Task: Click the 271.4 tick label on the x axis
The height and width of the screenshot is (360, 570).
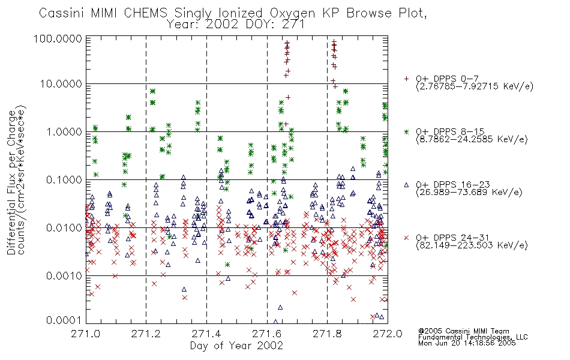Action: tap(206, 334)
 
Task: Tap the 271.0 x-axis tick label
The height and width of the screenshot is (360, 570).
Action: tap(86, 334)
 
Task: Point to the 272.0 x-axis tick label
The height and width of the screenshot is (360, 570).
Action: tap(388, 334)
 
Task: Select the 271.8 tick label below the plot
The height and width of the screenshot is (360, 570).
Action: tap(327, 334)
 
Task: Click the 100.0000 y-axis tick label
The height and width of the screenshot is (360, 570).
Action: tap(58, 38)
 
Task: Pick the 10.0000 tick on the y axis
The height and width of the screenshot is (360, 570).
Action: tap(61, 84)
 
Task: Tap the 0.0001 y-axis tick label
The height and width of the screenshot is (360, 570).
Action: tap(64, 320)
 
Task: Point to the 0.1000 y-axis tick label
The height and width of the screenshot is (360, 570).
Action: tap(64, 180)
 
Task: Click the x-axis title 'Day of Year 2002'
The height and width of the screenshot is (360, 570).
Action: tap(236, 346)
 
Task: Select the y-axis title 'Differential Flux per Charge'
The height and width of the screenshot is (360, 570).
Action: tap(12, 182)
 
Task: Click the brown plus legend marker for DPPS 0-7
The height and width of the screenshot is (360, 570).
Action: tap(406, 79)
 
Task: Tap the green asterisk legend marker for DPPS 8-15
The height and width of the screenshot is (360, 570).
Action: tap(406, 131)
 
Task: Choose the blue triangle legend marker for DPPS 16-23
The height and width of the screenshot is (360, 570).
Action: tap(406, 185)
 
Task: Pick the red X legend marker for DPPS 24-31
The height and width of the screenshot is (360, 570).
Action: tap(406, 238)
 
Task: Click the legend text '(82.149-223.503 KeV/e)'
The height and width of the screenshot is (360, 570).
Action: tap(472, 245)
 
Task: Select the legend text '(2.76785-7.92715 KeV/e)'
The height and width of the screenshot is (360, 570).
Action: tap(475, 86)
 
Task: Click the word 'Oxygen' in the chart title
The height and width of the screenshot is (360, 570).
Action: tap(292, 13)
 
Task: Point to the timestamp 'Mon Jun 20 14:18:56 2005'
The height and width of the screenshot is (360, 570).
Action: tap(467, 343)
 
